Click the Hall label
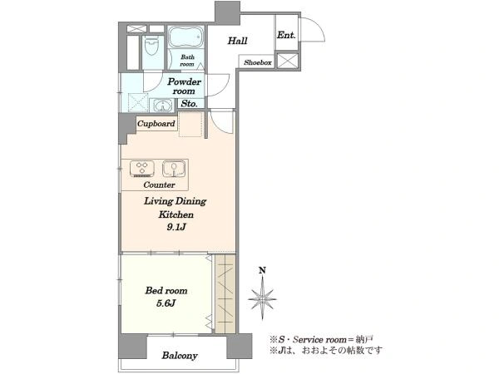[237, 41]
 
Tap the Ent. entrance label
[286, 35]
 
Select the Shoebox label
[258, 62]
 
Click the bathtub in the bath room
[185, 37]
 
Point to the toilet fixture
[153, 46]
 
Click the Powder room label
[185, 86]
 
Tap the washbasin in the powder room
[163, 105]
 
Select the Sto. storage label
[189, 103]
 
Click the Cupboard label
[156, 123]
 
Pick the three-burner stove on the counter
[142, 169]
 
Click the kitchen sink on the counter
[174, 169]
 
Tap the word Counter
[159, 185]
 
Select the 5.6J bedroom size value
[166, 303]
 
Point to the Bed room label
[166, 290]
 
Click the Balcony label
[180, 355]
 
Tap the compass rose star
[262, 298]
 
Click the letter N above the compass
[262, 270]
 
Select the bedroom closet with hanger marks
[225, 293]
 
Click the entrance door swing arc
[319, 25]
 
